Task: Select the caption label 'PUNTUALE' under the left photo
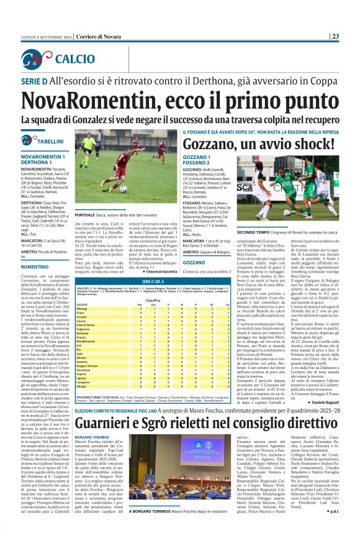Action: (x=86, y=214)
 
